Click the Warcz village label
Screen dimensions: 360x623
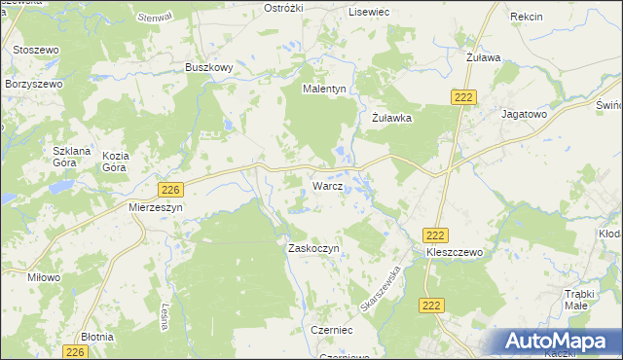pyautogui.click(x=326, y=185)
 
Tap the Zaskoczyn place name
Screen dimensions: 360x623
pyautogui.click(x=312, y=248)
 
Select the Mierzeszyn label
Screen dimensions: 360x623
pyautogui.click(x=156, y=207)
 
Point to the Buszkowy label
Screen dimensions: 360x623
pyautogui.click(x=208, y=67)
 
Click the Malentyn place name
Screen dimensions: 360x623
pyautogui.click(x=324, y=89)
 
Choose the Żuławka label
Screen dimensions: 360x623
pyautogui.click(x=393, y=118)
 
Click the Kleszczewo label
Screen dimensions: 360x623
pyautogui.click(x=455, y=252)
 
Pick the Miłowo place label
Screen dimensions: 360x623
pyautogui.click(x=44, y=277)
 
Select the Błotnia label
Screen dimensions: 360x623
pyautogui.click(x=97, y=337)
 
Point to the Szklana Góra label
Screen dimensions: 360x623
pyautogui.click(x=71, y=157)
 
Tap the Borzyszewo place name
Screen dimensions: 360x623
pyautogui.click(x=34, y=84)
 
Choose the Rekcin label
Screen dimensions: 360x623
pyautogui.click(x=526, y=18)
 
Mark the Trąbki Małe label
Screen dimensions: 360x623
pyautogui.click(x=585, y=299)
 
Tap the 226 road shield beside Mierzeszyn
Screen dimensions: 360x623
pyautogui.click(x=171, y=189)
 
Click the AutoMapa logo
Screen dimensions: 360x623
pyautogui.click(x=558, y=342)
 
